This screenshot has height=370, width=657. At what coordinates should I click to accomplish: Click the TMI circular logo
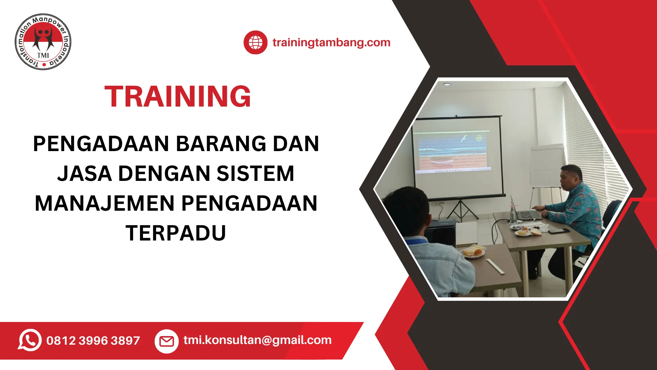43,42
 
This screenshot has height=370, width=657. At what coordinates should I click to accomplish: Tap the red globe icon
255,42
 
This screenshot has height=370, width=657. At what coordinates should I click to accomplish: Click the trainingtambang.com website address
331,42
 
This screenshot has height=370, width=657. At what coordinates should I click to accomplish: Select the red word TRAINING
178,97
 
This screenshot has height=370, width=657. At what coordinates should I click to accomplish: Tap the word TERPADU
176,233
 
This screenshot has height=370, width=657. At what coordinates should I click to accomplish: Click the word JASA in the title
85,173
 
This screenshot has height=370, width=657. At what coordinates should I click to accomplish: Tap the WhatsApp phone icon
30,340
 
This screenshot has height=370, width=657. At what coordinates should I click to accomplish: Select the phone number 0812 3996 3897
93,341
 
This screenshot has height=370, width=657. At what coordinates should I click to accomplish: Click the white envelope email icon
167,341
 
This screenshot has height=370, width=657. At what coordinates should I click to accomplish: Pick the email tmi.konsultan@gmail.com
257,340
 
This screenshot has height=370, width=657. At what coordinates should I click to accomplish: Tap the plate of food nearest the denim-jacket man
473,252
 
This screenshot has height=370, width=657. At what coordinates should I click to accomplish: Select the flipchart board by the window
546,166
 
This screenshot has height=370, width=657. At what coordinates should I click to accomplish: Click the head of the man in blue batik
572,178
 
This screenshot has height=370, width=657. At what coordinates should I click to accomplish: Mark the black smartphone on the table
558,231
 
